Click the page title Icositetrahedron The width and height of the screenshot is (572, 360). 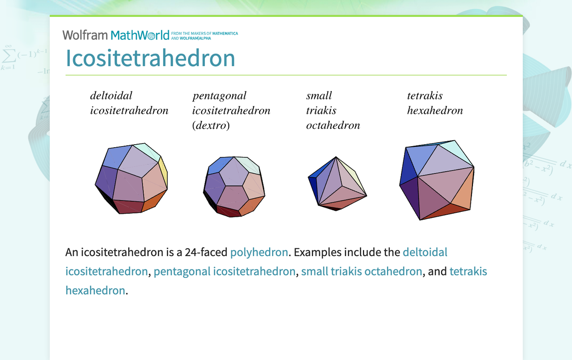pos(150,58)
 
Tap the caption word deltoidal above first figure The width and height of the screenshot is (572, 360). pos(111,95)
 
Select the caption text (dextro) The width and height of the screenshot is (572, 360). pos(211,125)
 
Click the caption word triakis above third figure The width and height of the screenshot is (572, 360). pos(321,110)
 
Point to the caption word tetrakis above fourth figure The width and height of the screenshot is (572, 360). pos(424,95)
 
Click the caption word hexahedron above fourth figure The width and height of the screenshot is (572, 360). pos(435,110)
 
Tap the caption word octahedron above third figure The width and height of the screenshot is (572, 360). pos(333,125)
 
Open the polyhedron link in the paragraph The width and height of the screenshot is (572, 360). pos(259,252)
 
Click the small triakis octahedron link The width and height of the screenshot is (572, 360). pos(362,271)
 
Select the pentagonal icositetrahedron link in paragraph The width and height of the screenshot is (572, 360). pos(224,271)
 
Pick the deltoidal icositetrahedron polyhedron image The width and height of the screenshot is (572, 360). pos(131,179)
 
